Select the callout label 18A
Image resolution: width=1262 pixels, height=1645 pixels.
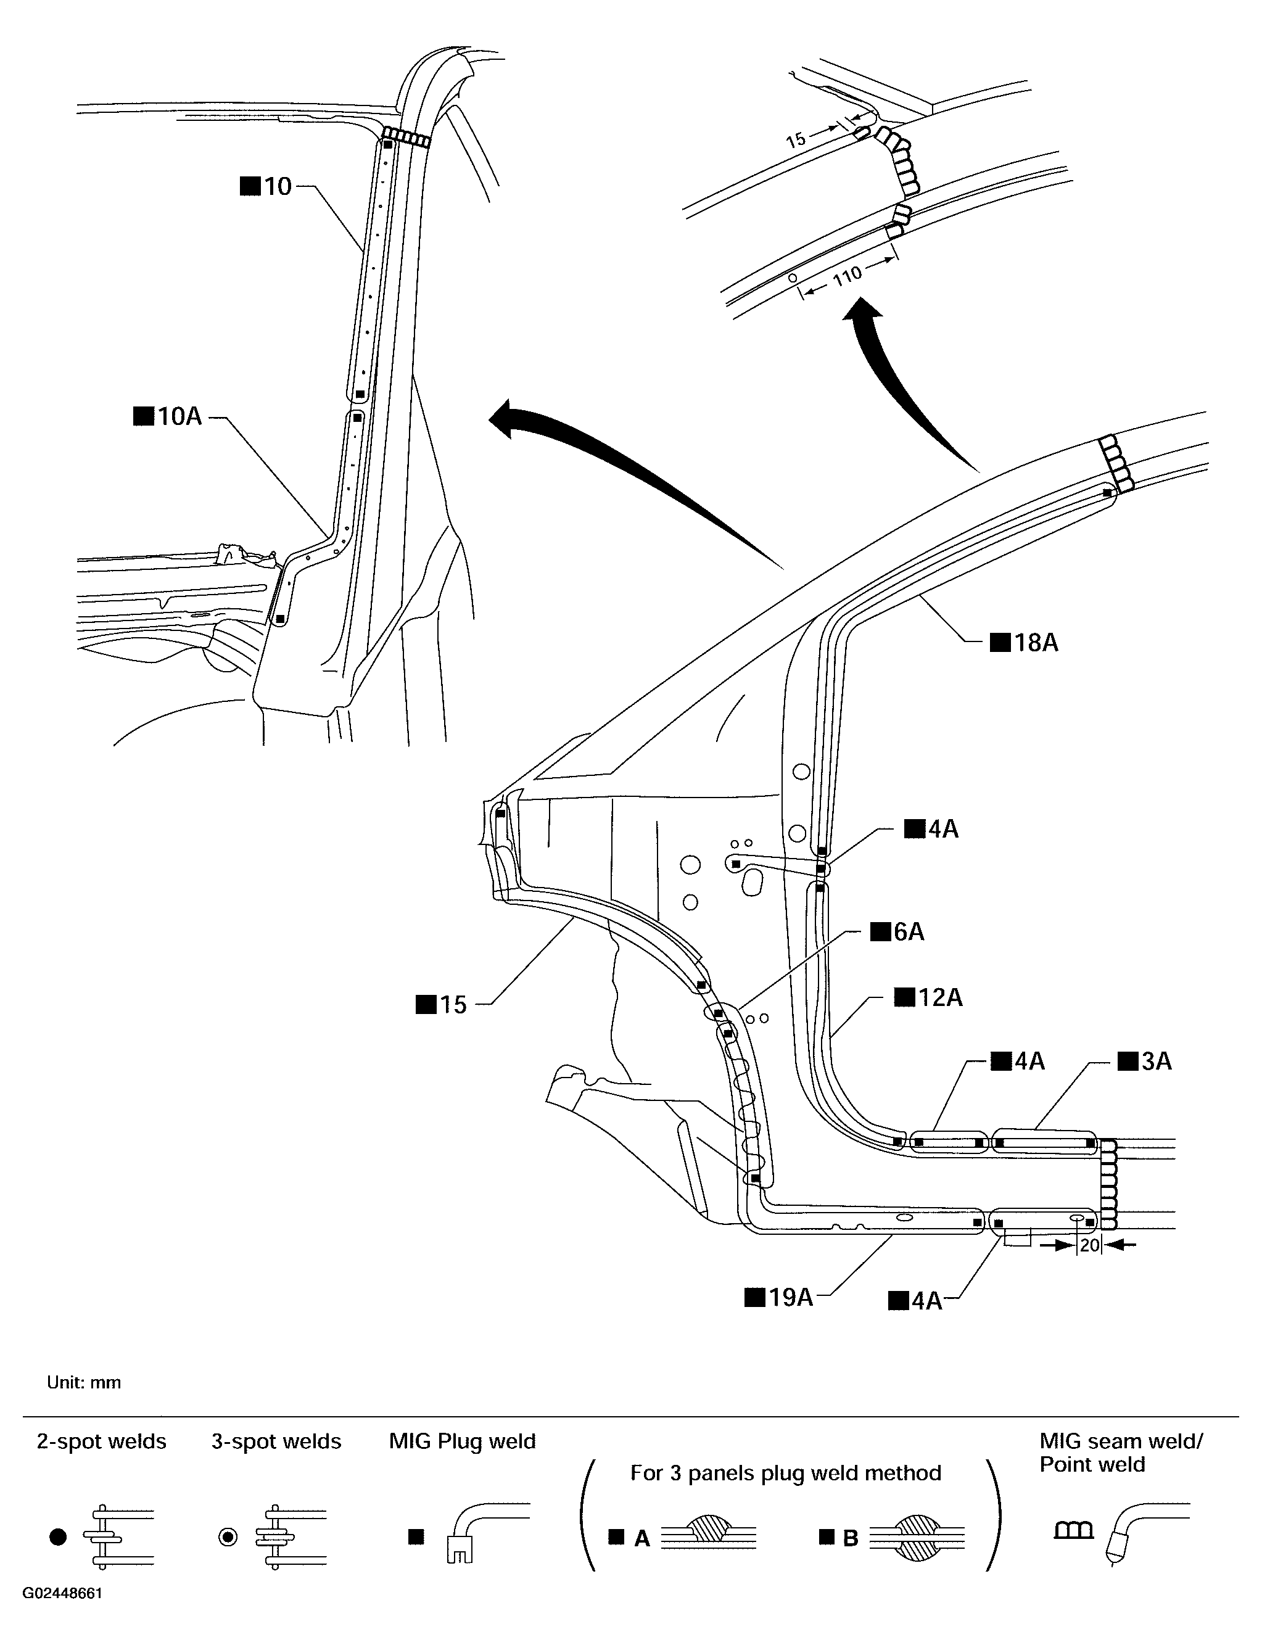(1025, 643)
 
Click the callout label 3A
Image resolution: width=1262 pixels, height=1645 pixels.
(1145, 1062)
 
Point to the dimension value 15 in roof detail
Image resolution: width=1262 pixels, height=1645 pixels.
(796, 140)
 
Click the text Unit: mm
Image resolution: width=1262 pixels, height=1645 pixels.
(83, 1383)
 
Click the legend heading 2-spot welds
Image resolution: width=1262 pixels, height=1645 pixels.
(101, 1441)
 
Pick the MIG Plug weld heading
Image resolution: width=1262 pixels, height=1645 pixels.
(462, 1441)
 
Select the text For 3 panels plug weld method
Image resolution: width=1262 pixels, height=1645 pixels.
(785, 1473)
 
